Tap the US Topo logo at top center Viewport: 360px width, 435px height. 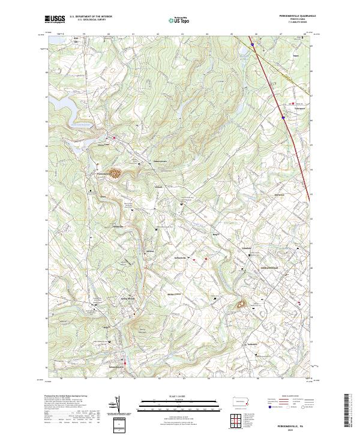point(173,20)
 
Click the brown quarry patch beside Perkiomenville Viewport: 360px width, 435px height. point(114,173)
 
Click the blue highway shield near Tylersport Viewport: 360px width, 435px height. point(283,118)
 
